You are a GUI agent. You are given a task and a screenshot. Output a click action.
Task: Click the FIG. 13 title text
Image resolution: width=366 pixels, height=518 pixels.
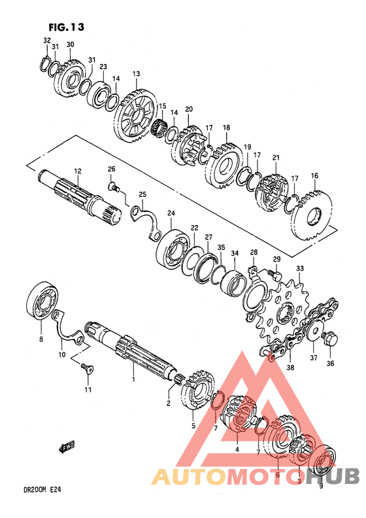click(x=66, y=27)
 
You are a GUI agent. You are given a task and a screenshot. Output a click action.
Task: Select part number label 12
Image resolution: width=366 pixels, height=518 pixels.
click(x=77, y=171)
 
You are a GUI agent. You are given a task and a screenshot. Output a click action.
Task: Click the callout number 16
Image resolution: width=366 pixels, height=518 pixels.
click(x=314, y=176)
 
